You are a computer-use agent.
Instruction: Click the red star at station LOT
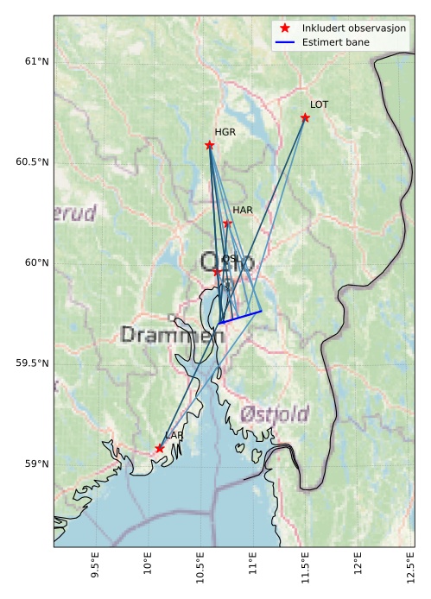pyautogui.click(x=305, y=117)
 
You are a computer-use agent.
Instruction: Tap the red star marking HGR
pyautogui.click(x=210, y=145)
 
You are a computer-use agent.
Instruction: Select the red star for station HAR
pyautogui.click(x=227, y=224)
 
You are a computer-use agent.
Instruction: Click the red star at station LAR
pyautogui.click(x=160, y=448)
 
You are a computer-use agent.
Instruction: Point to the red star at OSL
pyautogui.click(x=217, y=272)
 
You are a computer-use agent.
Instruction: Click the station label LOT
pyautogui.click(x=320, y=104)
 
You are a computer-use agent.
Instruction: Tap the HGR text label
pyautogui.click(x=225, y=132)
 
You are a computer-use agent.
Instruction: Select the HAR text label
pyautogui.click(x=243, y=210)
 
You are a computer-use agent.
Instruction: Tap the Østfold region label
pyautogui.click(x=275, y=413)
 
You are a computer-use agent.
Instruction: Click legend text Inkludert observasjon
pyautogui.click(x=354, y=28)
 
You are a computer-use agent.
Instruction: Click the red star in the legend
pyautogui.click(x=285, y=28)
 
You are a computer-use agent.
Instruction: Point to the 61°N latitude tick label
pyautogui.click(x=37, y=61)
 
